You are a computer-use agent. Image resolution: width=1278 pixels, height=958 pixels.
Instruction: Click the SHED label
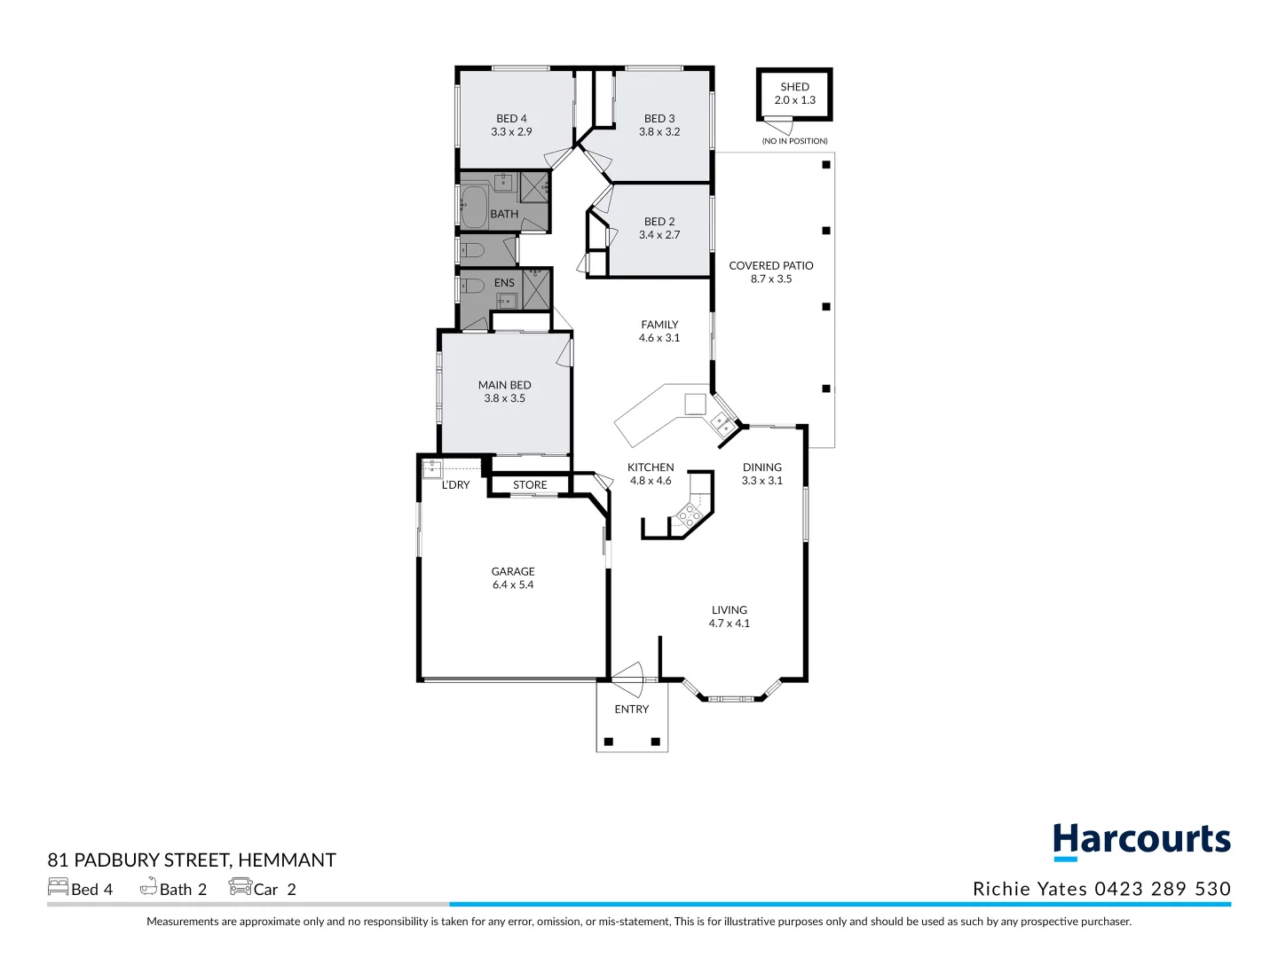[794, 87]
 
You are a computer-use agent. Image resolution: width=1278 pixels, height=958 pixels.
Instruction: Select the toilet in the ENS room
[473, 286]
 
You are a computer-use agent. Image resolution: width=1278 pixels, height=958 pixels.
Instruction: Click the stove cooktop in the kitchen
[690, 514]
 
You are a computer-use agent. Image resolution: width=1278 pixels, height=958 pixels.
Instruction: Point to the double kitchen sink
[722, 425]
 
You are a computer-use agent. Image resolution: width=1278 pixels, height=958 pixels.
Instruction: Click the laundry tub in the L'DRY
[432, 469]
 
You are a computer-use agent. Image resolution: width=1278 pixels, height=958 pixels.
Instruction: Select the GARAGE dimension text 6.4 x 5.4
[513, 585]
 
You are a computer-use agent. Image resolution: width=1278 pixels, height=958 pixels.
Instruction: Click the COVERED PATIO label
[771, 266]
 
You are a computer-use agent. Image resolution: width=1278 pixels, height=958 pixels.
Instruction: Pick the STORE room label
[530, 485]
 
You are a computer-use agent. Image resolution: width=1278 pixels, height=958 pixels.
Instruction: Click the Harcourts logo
[1141, 842]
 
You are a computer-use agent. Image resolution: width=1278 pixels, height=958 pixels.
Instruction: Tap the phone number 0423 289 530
[1163, 889]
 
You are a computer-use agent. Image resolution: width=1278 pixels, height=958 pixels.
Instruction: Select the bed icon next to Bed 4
[59, 887]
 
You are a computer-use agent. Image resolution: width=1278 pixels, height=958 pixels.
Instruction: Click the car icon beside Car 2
[240, 887]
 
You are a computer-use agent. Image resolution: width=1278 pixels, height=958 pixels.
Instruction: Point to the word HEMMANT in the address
[287, 860]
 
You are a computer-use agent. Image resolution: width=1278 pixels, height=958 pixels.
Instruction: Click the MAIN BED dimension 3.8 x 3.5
[504, 398]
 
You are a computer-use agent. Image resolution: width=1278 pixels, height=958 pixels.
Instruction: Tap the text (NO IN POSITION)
[794, 141]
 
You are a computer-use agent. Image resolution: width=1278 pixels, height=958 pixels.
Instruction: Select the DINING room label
[762, 467]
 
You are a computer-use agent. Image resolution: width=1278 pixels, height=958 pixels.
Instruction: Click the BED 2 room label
[659, 222]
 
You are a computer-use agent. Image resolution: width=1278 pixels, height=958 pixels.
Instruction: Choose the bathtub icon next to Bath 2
[148, 886]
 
